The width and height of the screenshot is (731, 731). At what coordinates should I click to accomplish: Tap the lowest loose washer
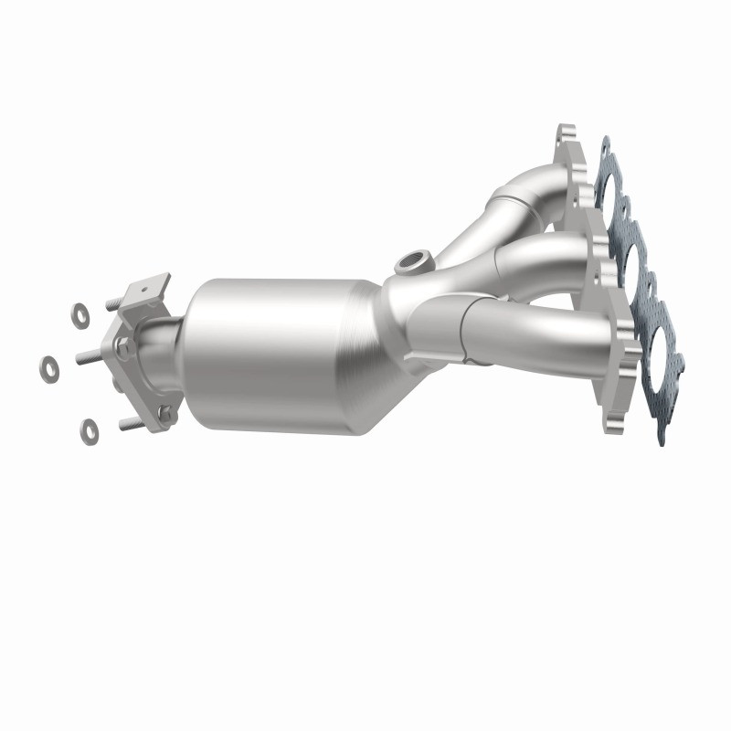tap(90, 427)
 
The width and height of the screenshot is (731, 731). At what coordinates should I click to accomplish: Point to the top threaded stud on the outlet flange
tap(115, 304)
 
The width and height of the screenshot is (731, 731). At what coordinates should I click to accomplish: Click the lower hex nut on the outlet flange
tap(165, 415)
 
